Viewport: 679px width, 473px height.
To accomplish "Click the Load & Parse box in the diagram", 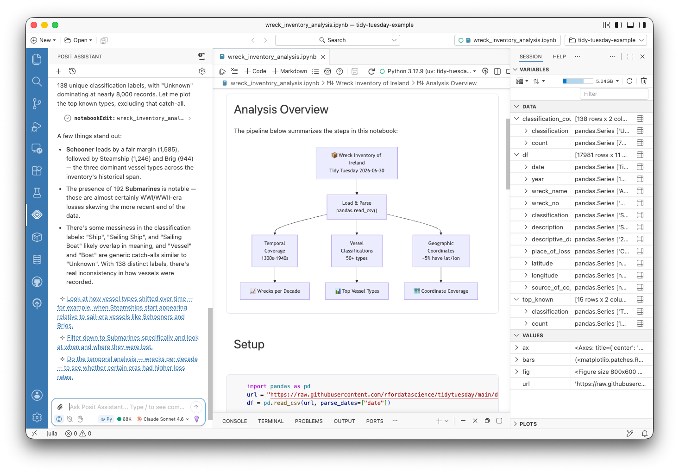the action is pos(357,207).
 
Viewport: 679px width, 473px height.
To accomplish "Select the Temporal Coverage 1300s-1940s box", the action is pos(275,251).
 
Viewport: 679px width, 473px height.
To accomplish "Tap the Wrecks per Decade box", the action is pos(275,291).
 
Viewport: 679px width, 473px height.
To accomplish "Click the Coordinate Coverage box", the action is pos(441,291).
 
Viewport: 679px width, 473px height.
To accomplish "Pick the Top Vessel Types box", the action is pos(357,291).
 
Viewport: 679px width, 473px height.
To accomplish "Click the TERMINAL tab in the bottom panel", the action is pos(270,421).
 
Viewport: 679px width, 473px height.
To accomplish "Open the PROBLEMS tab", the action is pos(308,421).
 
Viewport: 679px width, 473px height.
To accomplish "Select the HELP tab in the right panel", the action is pos(559,57).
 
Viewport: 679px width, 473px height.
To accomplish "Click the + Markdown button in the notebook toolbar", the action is pos(290,71).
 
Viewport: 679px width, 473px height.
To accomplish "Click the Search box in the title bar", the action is pos(337,40).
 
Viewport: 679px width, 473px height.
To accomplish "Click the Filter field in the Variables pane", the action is pos(614,94).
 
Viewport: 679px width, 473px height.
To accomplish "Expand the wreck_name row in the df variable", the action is pos(526,191).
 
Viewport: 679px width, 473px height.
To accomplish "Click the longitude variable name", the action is pos(544,275).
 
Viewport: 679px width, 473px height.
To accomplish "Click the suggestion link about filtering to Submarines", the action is pos(128,342).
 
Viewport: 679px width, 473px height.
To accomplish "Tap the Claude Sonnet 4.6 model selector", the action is pos(163,419).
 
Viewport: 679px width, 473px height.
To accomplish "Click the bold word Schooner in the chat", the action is pos(80,150).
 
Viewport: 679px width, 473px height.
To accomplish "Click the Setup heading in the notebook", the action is pos(249,344).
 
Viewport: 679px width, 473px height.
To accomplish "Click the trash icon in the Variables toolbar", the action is pos(643,81).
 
